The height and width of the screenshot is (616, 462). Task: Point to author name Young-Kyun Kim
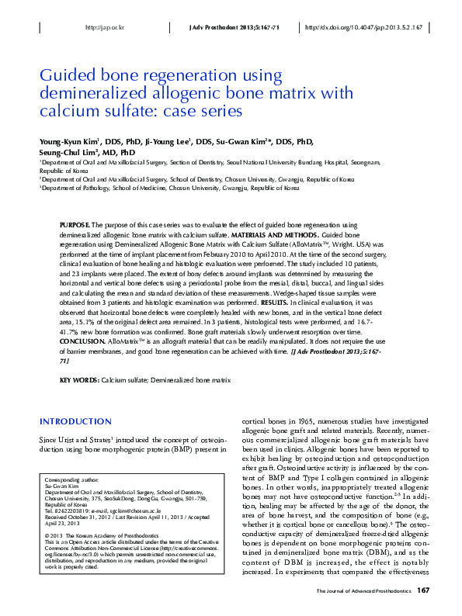70,142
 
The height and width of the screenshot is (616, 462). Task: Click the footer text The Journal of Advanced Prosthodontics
363,592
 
